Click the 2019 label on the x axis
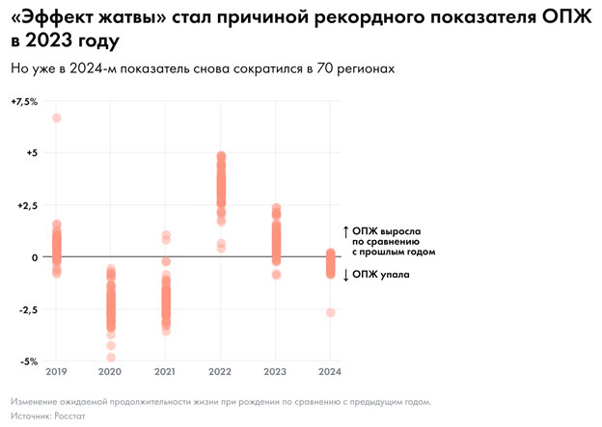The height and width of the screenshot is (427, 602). tap(56, 371)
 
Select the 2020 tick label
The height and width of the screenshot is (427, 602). tap(111, 371)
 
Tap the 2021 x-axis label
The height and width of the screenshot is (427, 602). tap(166, 371)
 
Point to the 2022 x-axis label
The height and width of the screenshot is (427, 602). tap(221, 371)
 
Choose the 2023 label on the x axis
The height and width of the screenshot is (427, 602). tap(276, 371)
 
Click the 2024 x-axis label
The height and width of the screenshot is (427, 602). tap(330, 371)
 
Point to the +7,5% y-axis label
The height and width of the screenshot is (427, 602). tap(24, 101)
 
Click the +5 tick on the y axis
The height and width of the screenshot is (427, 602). tap(31, 153)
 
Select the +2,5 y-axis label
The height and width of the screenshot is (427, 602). tap(26, 205)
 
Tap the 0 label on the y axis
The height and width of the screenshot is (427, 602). tap(34, 257)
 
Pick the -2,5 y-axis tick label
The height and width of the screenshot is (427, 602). tap(26, 309)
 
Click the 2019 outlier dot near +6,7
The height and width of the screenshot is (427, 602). tap(56, 118)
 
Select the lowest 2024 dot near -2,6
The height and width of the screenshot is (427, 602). tap(331, 312)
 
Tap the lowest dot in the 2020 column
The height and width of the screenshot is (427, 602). tap(111, 358)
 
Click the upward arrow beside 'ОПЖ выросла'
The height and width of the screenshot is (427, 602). tap(346, 231)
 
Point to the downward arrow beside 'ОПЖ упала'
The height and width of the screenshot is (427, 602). tap(346, 275)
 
